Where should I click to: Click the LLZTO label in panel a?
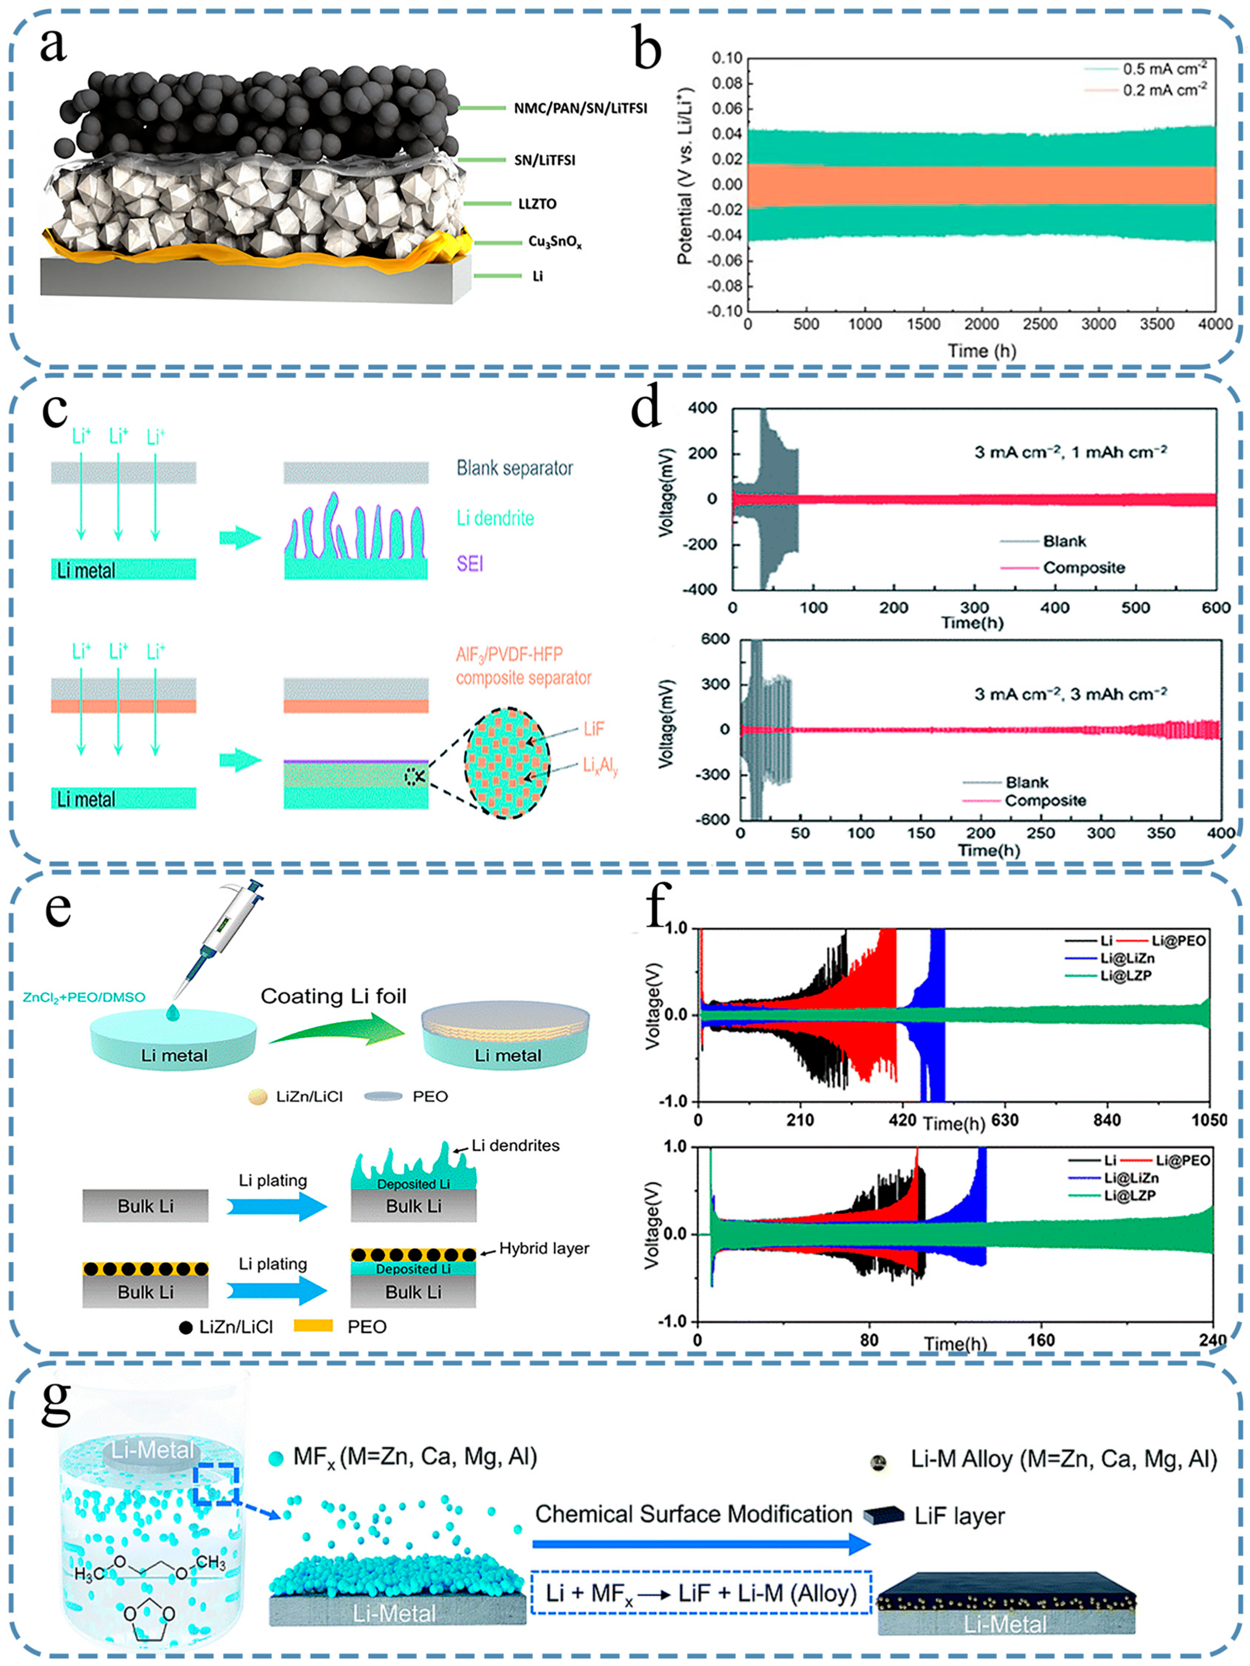(537, 203)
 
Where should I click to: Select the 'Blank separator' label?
(514, 469)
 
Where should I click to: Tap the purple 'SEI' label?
(470, 563)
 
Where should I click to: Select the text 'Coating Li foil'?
(334, 997)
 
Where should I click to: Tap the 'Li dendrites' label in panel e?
(516, 1145)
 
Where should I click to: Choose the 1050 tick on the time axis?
(1208, 1120)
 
